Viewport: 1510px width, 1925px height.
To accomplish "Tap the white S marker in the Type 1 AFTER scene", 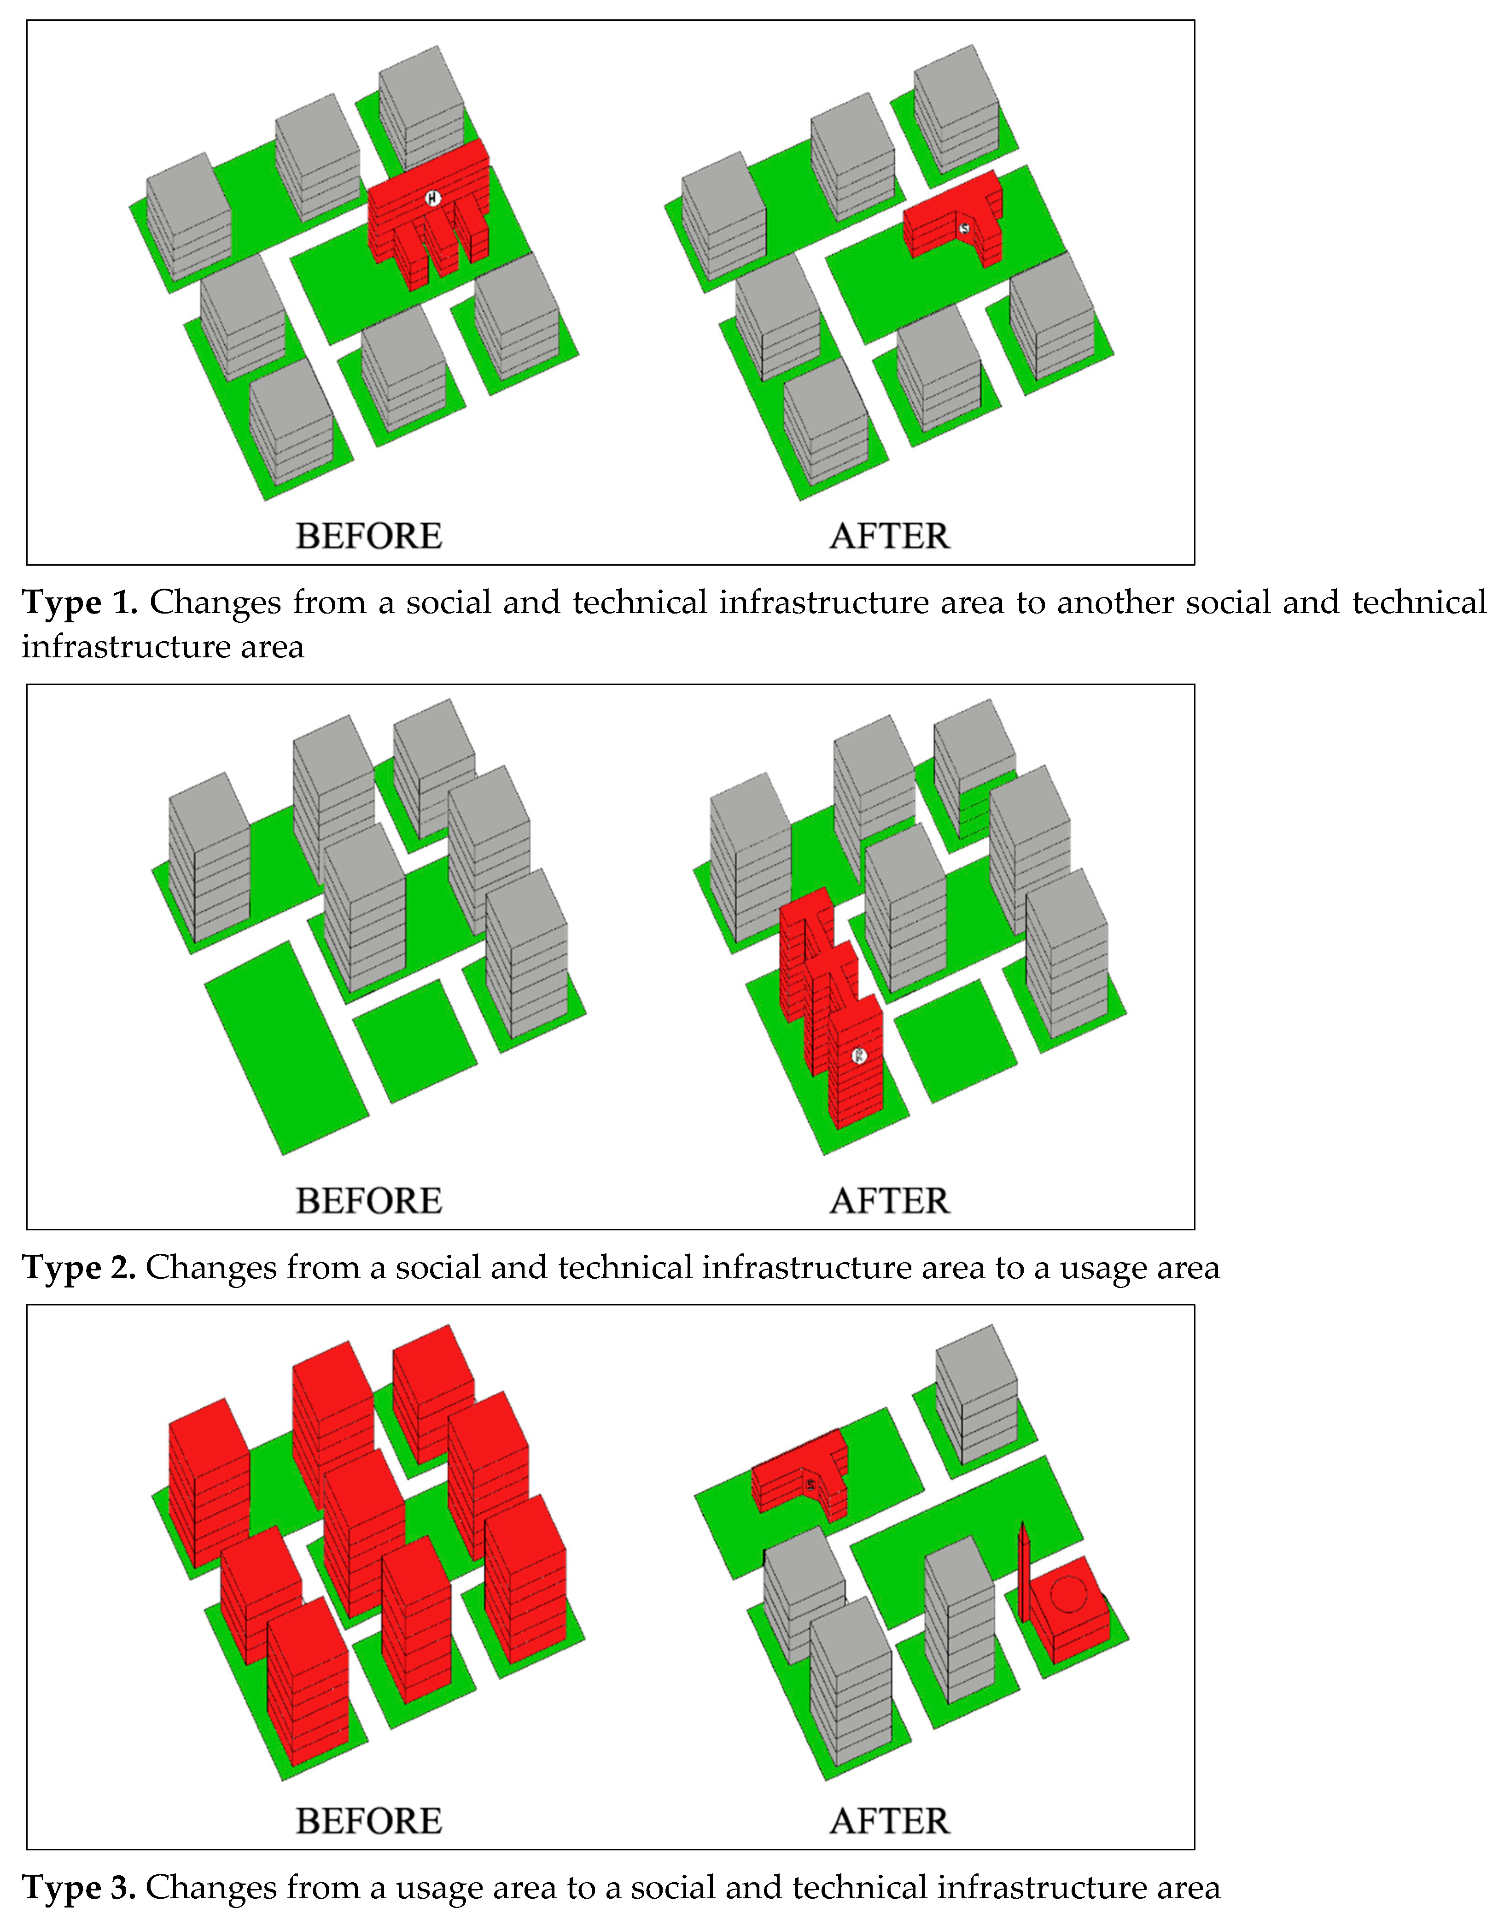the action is click(x=964, y=228).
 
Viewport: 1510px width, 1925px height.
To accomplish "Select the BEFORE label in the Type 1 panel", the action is click(x=369, y=536).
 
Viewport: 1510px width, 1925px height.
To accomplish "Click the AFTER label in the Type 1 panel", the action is click(x=889, y=536).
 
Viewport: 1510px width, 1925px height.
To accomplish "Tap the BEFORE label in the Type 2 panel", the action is click(x=369, y=1201).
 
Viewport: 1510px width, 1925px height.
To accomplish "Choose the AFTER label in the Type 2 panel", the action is click(x=889, y=1201).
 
